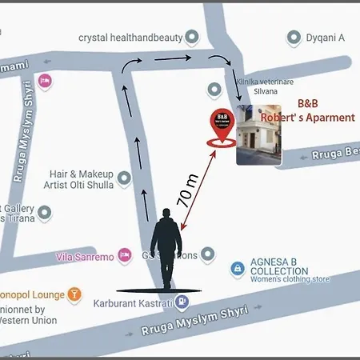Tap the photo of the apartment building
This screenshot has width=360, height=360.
(x=259, y=134)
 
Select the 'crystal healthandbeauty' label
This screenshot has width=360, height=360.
(x=129, y=37)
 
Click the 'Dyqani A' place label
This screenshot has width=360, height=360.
(x=325, y=37)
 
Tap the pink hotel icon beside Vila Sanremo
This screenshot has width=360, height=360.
(x=124, y=255)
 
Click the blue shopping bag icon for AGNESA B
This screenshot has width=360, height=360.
(x=237, y=269)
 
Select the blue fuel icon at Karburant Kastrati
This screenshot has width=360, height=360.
(x=182, y=302)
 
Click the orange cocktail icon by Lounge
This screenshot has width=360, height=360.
(x=74, y=294)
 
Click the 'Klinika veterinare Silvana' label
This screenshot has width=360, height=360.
(x=254, y=86)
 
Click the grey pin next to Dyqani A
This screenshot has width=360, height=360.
(x=294, y=37)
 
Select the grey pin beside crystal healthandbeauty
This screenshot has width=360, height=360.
(x=192, y=37)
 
